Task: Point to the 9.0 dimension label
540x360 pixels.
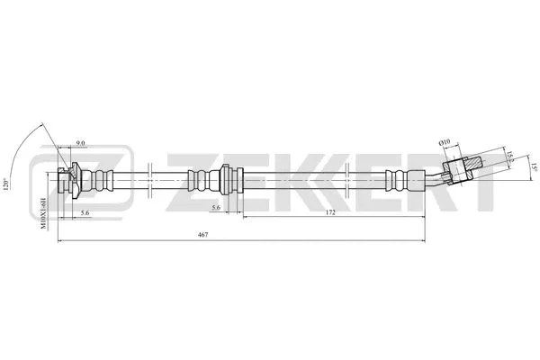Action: point(80,144)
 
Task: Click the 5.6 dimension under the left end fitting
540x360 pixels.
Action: point(84,212)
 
